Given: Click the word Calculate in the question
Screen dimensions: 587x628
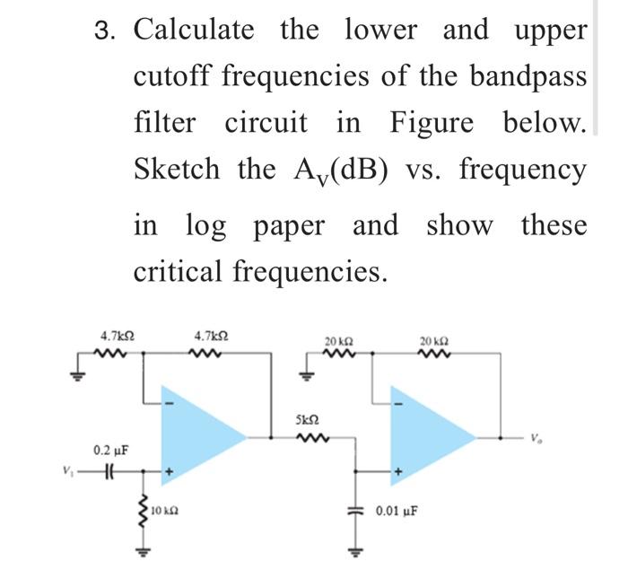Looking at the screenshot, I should (194, 30).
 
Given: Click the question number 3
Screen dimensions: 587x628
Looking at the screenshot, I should (106, 31).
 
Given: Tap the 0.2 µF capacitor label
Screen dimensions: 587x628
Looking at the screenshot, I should (108, 448).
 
